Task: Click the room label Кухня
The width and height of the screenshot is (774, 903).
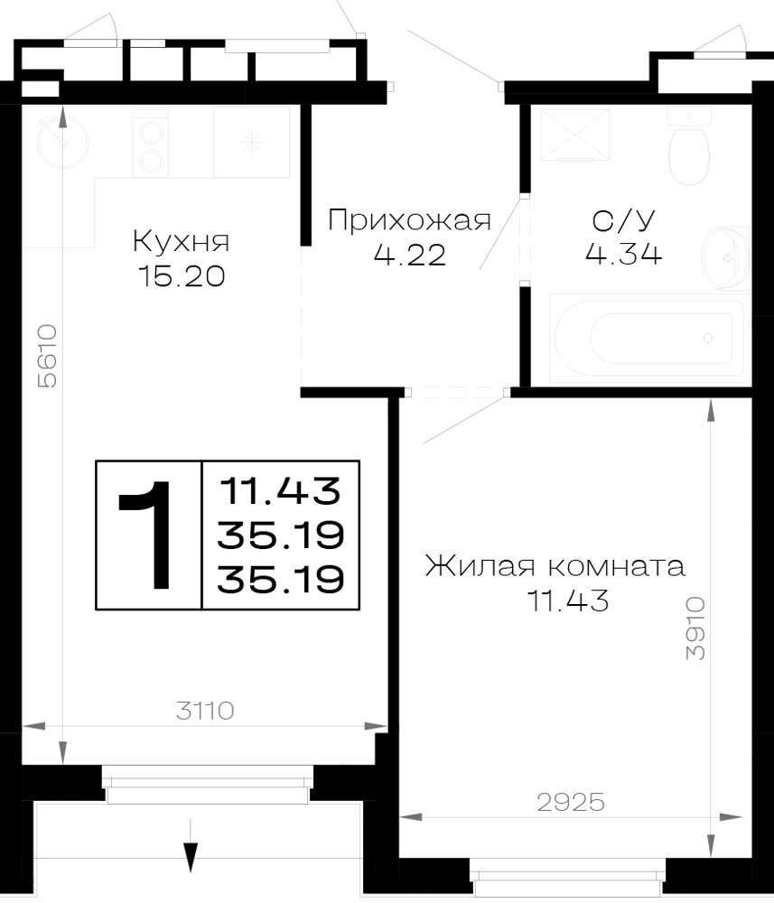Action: tap(181, 241)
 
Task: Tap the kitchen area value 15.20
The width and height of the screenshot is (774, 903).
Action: tap(181, 277)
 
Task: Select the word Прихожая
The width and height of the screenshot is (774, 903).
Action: tap(409, 220)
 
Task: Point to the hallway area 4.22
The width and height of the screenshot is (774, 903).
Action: tap(409, 255)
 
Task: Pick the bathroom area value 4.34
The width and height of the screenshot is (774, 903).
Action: tap(624, 254)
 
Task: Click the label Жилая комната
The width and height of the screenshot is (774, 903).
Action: tap(555, 566)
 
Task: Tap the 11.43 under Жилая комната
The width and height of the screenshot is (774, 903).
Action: tap(567, 601)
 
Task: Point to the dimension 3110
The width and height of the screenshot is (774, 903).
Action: tap(205, 711)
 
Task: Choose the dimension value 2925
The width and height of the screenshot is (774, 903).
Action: tap(571, 802)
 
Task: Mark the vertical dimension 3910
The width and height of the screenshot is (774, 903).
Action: tap(695, 628)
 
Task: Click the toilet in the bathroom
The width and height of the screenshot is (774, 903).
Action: tap(689, 145)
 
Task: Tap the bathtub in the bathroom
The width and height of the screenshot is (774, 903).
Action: tap(649, 338)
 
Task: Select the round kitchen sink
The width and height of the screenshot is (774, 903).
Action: tap(62, 141)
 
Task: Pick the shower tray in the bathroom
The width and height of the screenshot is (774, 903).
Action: tap(574, 135)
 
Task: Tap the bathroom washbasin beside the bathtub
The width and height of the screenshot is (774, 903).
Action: tap(725, 256)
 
